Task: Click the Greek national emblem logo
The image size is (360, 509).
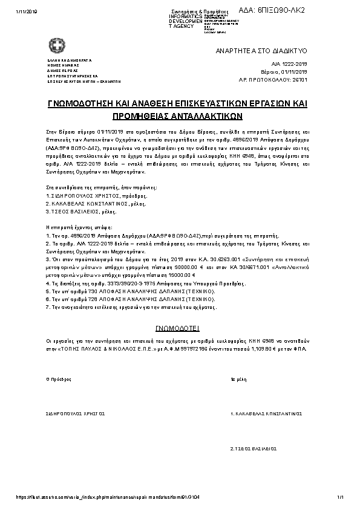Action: [54, 45]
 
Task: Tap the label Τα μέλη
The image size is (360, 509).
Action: [238, 380]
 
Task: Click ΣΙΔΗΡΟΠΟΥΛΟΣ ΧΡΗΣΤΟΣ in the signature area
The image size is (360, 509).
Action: [76, 414]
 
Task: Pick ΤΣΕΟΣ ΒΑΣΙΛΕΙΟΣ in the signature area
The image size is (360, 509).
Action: [254, 449]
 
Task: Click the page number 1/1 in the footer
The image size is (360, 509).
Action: [340, 498]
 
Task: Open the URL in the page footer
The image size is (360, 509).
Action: [97, 498]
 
